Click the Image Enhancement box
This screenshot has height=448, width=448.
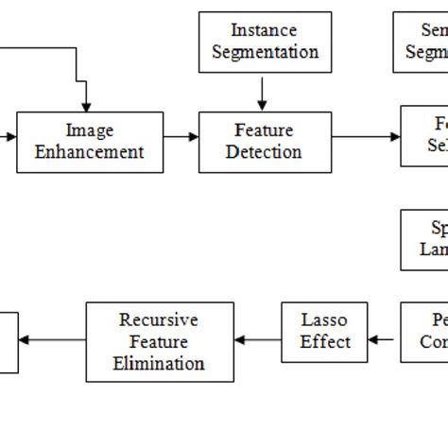coord(90,142)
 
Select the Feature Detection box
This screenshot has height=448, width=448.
coord(265,142)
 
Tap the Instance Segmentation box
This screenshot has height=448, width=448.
coord(265,42)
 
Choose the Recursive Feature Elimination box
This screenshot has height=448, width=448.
coord(160,341)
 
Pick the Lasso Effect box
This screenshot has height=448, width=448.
coord(324,332)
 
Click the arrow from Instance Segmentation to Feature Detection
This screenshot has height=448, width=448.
coord(263,92)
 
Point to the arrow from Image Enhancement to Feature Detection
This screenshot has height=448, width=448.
coord(181,137)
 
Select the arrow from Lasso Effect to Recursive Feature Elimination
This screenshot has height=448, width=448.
coord(258,339)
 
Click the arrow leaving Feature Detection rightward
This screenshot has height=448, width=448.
coord(366,137)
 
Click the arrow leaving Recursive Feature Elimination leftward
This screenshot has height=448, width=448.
coord(52,339)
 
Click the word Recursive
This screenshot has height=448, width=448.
coord(159,320)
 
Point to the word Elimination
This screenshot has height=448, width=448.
coord(159,364)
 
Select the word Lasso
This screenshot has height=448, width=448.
coord(324,320)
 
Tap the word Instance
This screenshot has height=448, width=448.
coord(265,31)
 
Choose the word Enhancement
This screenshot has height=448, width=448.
coord(90,152)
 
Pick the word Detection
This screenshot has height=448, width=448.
coord(265,152)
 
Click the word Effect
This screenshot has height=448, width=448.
coord(325,342)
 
